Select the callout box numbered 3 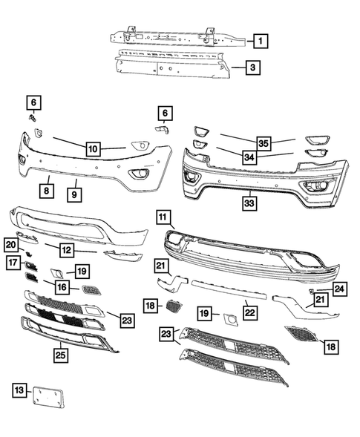click(253, 68)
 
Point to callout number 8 click(46, 191)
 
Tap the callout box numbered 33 click(250, 202)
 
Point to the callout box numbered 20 click(10, 245)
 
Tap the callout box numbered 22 click(250, 314)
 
